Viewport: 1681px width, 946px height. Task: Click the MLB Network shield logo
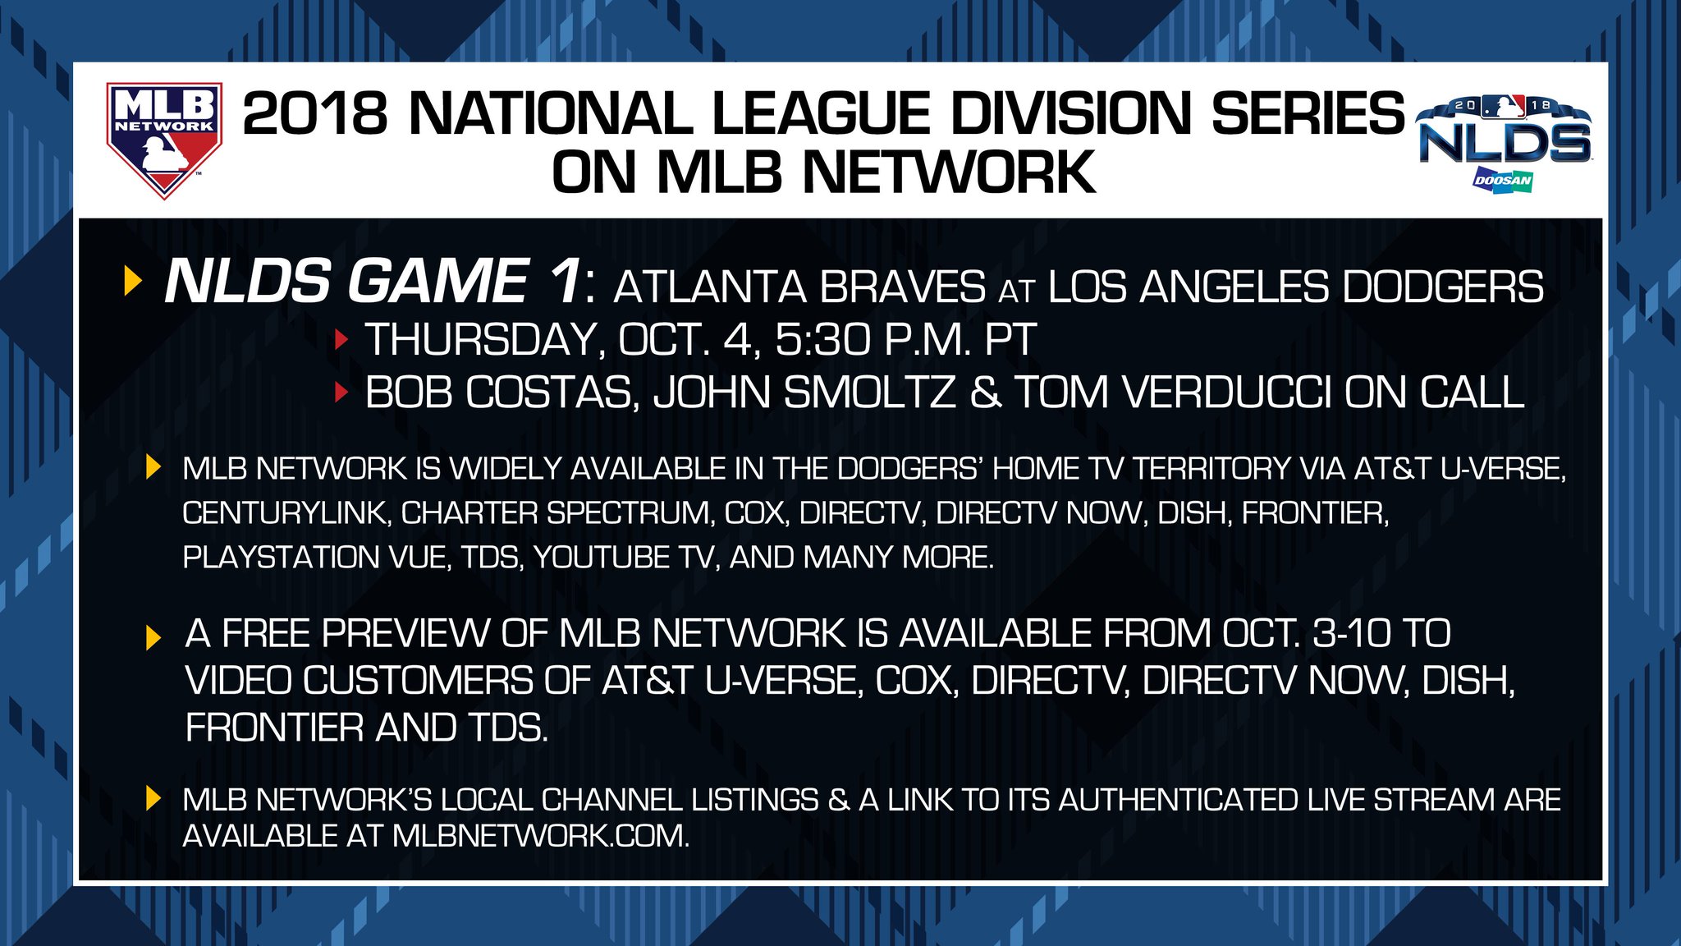[x=164, y=140]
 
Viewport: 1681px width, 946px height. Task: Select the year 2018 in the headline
[x=315, y=113]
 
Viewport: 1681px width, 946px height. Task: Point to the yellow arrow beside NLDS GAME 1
[x=133, y=281]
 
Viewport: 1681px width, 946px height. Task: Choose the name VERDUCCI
[x=1225, y=393]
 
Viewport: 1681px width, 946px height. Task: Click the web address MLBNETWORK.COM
[x=541, y=836]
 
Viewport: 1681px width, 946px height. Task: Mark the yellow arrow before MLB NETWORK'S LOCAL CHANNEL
[x=153, y=799]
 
